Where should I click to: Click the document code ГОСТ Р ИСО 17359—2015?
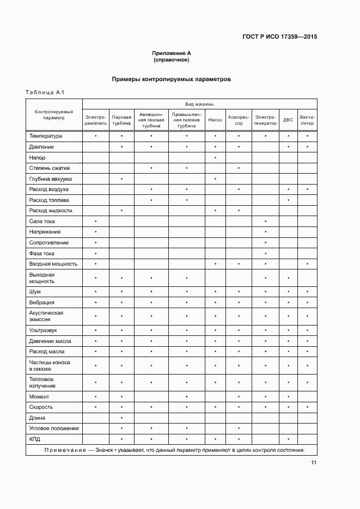click(279, 38)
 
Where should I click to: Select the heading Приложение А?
click(172, 53)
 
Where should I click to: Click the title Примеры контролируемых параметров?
click(172, 79)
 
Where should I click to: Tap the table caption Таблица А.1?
click(45, 93)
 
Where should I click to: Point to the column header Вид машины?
click(199, 103)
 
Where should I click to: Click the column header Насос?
click(215, 119)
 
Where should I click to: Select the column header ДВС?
click(288, 120)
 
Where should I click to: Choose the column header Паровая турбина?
click(121, 120)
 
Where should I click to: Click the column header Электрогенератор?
click(265, 120)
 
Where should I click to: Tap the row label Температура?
click(46, 136)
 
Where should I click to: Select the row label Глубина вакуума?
click(51, 179)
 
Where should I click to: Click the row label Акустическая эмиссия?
click(46, 316)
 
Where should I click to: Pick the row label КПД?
click(35, 439)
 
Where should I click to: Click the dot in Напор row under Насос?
click(215, 157)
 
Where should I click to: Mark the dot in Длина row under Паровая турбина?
click(121, 418)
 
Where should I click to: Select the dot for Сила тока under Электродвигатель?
click(96, 222)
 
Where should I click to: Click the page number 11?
click(314, 463)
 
